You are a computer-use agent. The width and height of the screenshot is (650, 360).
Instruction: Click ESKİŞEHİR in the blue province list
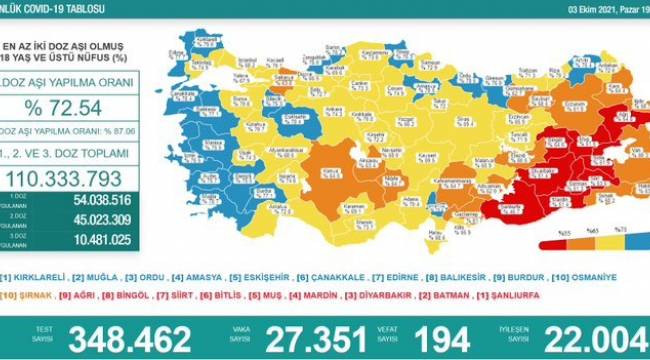coord(270,276)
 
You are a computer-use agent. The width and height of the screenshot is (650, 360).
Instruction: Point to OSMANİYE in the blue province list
coord(610,276)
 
